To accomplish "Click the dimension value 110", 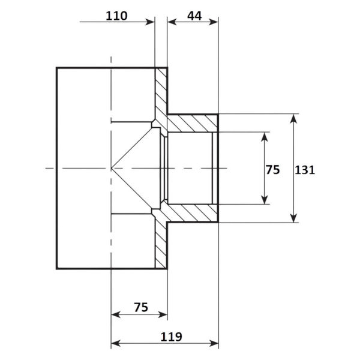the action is [116, 16].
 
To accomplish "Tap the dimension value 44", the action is [194, 16].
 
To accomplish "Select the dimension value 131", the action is [305, 170].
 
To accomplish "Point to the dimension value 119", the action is [171, 337].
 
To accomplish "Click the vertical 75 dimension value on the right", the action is [273, 170].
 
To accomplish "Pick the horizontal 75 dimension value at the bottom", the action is [141, 307].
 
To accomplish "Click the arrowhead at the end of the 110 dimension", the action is [151, 22].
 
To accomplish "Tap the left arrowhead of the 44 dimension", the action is [172, 22].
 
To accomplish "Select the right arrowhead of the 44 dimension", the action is [214, 22].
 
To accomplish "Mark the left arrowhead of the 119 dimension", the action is [115, 343].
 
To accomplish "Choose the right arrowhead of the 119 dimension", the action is [214, 343].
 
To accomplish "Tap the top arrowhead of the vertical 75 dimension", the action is [265, 137].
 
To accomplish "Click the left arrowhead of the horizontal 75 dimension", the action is [115, 314].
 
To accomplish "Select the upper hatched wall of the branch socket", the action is [193, 123].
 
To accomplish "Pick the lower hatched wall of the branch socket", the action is [193, 213].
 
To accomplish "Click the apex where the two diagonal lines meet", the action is [112, 168].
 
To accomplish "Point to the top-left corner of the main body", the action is [57, 68].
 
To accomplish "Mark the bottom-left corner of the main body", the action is [57, 269].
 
